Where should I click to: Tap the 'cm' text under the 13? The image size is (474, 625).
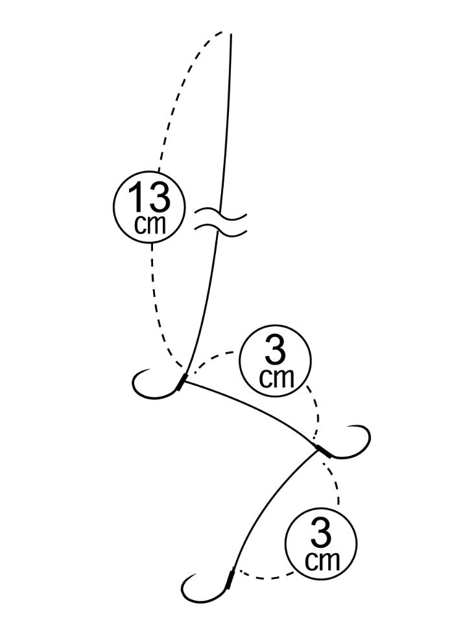pos(149,224)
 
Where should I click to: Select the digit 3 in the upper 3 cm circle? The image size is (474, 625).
pos(275,354)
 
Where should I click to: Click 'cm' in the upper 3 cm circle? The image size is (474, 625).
pos(276,377)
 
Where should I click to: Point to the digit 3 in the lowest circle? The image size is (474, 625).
pos(321,535)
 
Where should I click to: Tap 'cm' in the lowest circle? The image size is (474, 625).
pos(322,560)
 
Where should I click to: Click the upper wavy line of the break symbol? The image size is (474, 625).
pos(221,212)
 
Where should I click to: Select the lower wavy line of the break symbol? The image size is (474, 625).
pos(221,228)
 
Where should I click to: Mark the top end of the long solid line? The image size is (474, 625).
pos(231,34)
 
